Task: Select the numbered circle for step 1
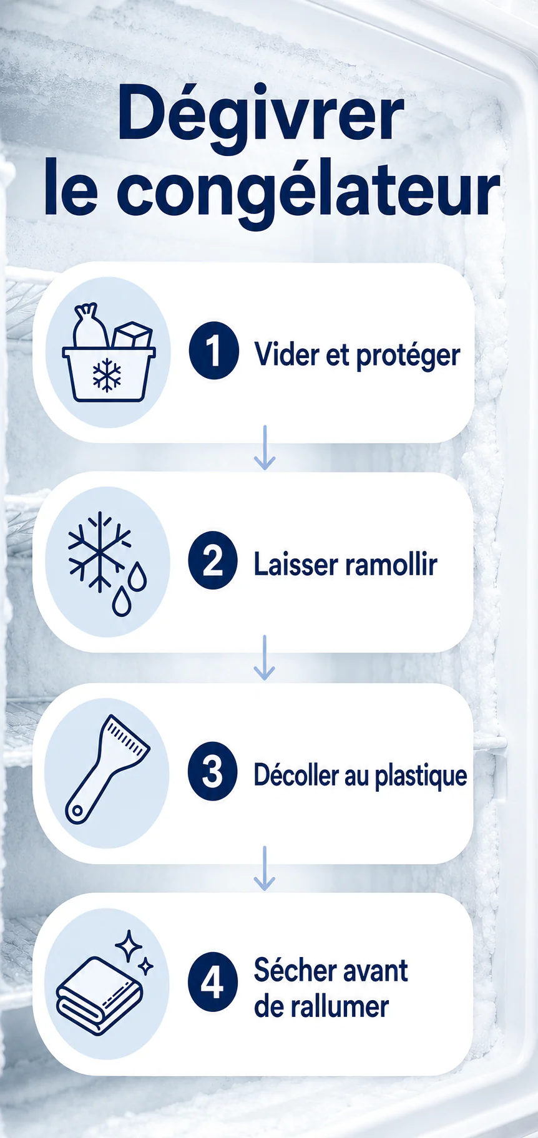pos(213,351)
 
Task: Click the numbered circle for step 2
pos(213,560)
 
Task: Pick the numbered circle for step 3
pos(213,771)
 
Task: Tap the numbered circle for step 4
pos(213,981)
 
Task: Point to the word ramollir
pos(391,564)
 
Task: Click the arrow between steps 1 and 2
pos(265,447)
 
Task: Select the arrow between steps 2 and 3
pos(265,658)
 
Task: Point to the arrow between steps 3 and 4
pos(265,868)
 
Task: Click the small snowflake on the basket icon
pos(107,375)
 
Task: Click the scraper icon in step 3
pos(106,769)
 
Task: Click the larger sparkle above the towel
pos(129,946)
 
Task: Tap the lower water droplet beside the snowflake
pos(122,602)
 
